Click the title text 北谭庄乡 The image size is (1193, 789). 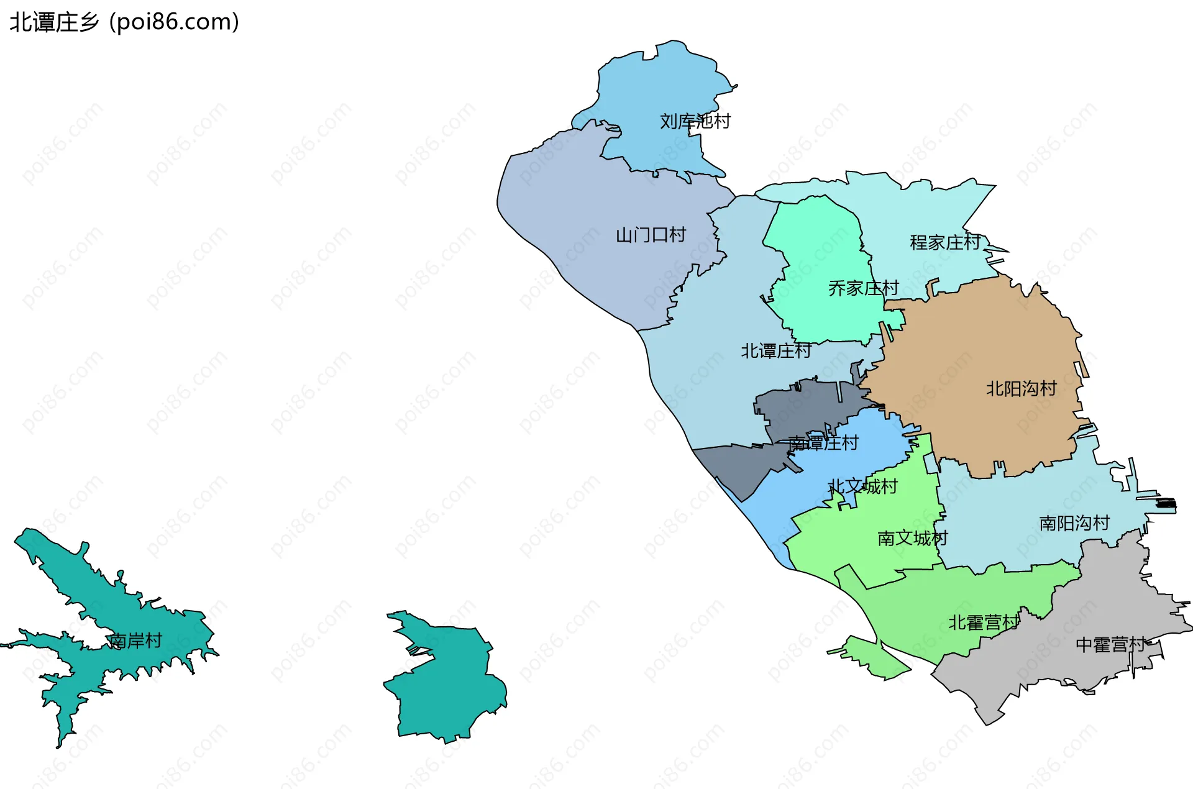coord(55,22)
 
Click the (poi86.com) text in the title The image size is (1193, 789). coord(174,22)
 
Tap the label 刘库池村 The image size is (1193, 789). coord(695,121)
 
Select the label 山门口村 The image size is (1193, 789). coord(651,235)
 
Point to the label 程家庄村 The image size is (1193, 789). coord(945,242)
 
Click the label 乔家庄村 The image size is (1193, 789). coord(863,288)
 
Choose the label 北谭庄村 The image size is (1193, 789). coord(775,351)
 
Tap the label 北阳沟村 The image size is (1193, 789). coord(1021,389)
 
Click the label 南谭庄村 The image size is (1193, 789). coord(823,443)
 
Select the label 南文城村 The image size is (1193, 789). coord(912,538)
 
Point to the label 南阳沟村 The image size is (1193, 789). coord(1074,523)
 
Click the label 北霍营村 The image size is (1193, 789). coord(983,623)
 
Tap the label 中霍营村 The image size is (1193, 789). coord(1110,645)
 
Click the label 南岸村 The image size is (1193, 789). coord(135,641)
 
